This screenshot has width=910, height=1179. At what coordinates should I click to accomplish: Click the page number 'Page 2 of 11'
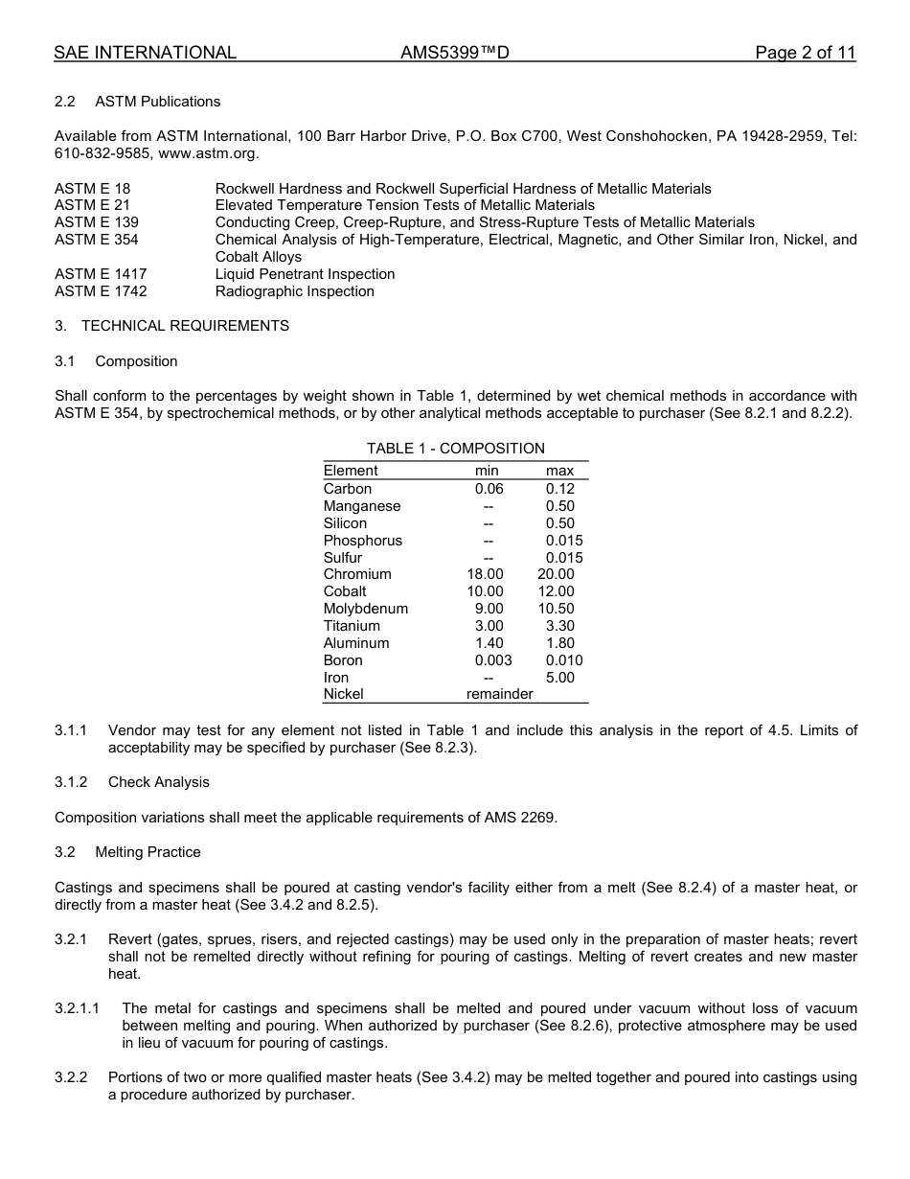pos(805,53)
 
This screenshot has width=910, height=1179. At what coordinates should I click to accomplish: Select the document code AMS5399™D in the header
pos(454,53)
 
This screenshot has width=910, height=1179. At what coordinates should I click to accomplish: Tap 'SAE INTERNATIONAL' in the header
pos(145,53)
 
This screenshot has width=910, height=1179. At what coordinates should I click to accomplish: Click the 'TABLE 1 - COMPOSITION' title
pos(455,449)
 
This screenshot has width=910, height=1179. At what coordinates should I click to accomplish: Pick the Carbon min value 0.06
pos(489,489)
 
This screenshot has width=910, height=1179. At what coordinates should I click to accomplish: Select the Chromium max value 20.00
pos(556,574)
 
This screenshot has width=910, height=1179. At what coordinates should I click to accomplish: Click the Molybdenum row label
pos(365,609)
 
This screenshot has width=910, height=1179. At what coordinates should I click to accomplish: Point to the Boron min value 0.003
pos(493,660)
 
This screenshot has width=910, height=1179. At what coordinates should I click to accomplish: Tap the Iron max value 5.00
pos(559,678)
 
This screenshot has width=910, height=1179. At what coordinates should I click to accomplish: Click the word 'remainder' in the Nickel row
pos(499,694)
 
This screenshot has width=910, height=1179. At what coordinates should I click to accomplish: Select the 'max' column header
pos(559,471)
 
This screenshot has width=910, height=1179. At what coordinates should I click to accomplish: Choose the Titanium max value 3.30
pos(559,626)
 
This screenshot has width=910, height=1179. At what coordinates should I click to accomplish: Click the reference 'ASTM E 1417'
pos(101,274)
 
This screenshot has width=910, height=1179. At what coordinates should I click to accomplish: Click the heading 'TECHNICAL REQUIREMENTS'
pos(185,326)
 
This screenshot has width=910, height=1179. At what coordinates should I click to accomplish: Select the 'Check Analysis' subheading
pos(158,782)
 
